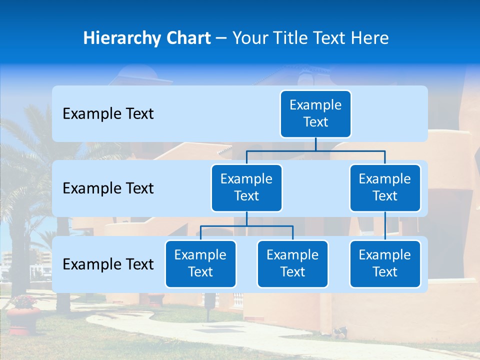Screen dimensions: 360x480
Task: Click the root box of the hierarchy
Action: (315, 113)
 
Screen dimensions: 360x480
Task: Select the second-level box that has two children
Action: (246, 187)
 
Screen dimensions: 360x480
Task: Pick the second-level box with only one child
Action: (385, 187)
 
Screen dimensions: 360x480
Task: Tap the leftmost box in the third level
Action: (200, 263)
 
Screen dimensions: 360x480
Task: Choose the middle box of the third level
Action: (292, 263)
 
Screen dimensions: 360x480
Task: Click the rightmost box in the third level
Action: (385, 263)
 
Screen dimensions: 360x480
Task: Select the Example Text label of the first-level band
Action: (108, 114)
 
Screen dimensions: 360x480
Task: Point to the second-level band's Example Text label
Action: (108, 188)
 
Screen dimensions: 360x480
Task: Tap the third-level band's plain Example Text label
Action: (108, 264)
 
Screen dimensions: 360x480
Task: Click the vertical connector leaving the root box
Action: (315, 144)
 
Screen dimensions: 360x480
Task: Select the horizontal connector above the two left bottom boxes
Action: (246, 226)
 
